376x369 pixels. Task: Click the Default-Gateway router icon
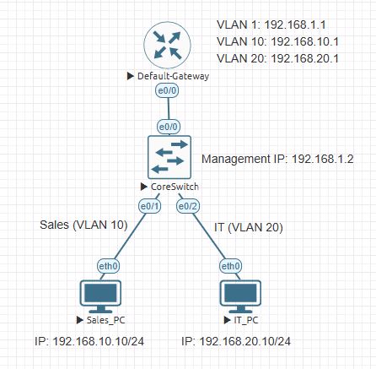point(167,46)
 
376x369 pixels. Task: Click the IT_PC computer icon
point(239,295)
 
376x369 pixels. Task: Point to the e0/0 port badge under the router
point(167,90)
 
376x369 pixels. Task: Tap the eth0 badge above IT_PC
point(230,265)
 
